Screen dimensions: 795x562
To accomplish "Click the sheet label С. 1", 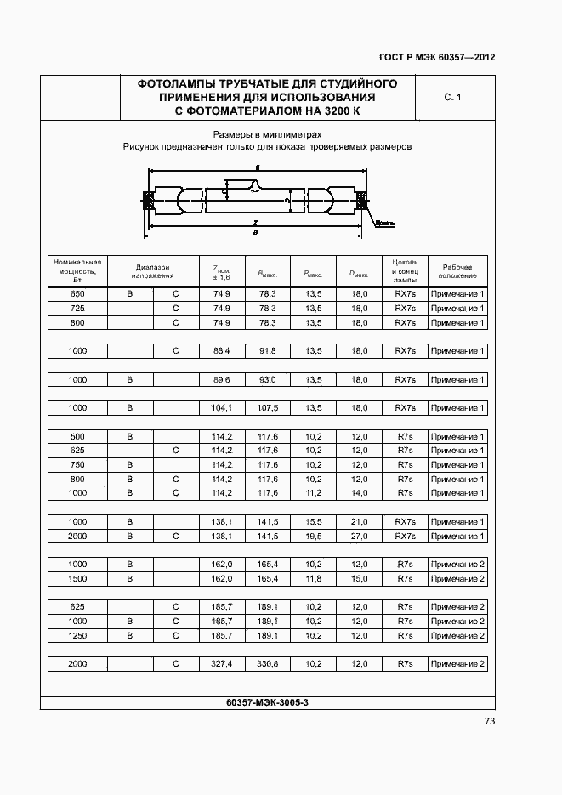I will pos(452,98).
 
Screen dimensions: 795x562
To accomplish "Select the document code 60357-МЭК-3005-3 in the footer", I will pos(268,701).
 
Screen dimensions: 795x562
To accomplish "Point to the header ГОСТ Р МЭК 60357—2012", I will pos(437,58).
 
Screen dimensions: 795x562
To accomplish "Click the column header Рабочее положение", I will pos(457,271).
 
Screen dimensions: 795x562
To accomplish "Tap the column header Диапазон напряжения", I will pos(153,271).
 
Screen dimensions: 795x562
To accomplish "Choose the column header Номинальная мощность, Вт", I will pos(77,271).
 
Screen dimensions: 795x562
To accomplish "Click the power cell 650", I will pos(77,294).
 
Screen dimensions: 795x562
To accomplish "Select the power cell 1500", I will pos(77,579).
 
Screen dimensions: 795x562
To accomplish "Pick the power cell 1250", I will pos(77,635).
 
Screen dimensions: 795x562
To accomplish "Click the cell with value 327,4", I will pos(222,663).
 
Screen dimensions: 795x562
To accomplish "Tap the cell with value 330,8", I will pos(268,663).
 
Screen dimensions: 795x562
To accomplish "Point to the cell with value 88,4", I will pos(222,351).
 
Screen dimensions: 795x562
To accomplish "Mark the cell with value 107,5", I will pos(268,408).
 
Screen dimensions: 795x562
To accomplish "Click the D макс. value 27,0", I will pos(359,537).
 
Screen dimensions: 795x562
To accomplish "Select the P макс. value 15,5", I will pos(313,522).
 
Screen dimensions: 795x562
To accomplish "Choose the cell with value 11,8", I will pos(313,579).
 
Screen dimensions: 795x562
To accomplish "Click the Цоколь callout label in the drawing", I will pos(384,224).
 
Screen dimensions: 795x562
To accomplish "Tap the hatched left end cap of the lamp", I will pos(147,202).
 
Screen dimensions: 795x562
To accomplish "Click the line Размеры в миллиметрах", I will pos(267,134).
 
